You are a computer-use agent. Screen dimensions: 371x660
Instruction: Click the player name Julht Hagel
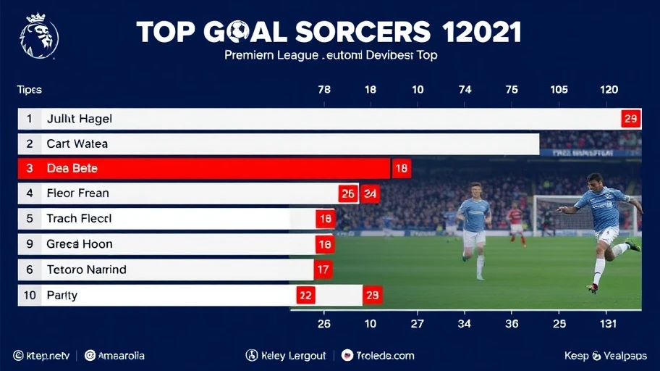point(79,119)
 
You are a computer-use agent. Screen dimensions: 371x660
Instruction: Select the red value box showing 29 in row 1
point(630,119)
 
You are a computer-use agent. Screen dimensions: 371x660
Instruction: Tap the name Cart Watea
point(77,143)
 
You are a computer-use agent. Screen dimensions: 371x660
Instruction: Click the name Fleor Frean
point(77,193)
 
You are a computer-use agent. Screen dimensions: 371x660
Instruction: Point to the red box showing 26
point(348,193)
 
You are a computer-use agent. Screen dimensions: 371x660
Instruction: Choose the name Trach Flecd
point(79,218)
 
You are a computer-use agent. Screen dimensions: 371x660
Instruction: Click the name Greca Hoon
point(79,244)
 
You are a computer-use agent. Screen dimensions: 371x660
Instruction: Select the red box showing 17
point(323,270)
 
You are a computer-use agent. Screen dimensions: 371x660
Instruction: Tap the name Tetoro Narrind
point(86,270)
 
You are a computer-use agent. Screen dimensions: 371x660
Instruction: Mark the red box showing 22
point(305,295)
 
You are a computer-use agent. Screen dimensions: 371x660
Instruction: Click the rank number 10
point(30,295)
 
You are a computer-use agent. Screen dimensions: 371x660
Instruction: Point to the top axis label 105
point(559,90)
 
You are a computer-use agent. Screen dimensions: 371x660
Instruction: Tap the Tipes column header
point(30,90)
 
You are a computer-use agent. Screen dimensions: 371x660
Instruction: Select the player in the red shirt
point(515,221)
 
